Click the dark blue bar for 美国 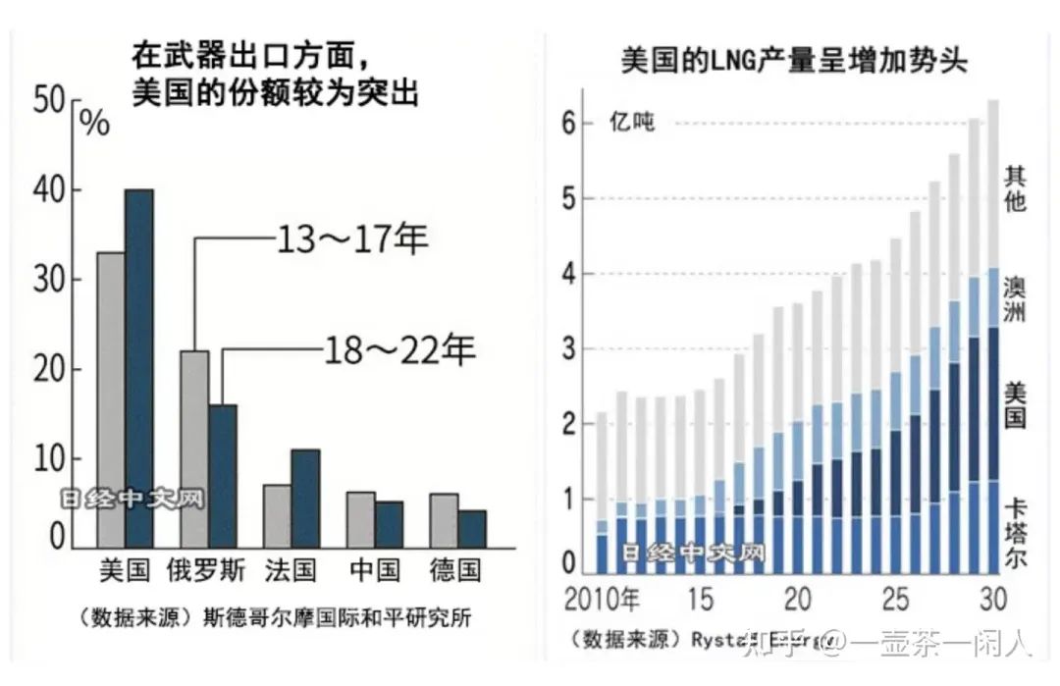138,368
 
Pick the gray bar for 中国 361,519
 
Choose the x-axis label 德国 457,571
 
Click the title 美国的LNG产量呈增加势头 794,61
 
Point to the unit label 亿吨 631,125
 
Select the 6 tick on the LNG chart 567,123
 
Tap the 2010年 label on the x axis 601,599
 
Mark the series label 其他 1016,189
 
